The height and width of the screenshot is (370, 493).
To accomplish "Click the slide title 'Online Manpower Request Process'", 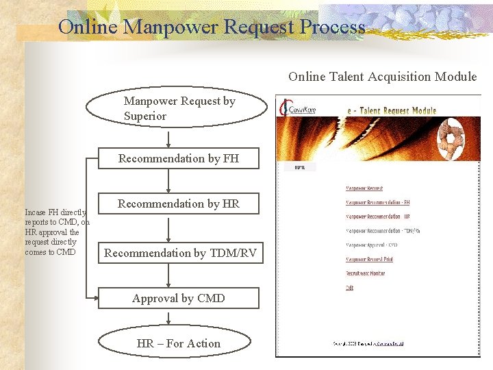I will click(212, 27).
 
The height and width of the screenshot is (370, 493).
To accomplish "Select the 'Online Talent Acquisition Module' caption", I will click(382, 76).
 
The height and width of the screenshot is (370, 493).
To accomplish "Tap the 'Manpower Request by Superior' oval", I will click(179, 109).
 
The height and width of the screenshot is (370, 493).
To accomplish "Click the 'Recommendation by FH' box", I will click(179, 158).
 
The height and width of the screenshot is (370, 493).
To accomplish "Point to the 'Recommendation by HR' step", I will click(179, 203).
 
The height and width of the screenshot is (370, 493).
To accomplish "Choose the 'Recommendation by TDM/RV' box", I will click(180, 253).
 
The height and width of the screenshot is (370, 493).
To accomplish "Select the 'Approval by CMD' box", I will click(179, 298).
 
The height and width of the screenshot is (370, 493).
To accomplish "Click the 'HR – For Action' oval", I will click(179, 343).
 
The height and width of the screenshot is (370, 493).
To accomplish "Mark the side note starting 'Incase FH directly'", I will click(56, 232).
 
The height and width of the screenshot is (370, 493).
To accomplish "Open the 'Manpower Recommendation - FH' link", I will click(378, 202).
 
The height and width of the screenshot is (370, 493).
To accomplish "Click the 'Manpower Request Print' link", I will click(369, 259).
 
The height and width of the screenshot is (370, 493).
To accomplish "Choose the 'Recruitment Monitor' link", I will click(365, 273).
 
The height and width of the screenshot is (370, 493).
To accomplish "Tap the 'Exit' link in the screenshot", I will click(349, 288).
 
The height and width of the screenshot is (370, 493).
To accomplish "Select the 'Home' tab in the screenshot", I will click(300, 166).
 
